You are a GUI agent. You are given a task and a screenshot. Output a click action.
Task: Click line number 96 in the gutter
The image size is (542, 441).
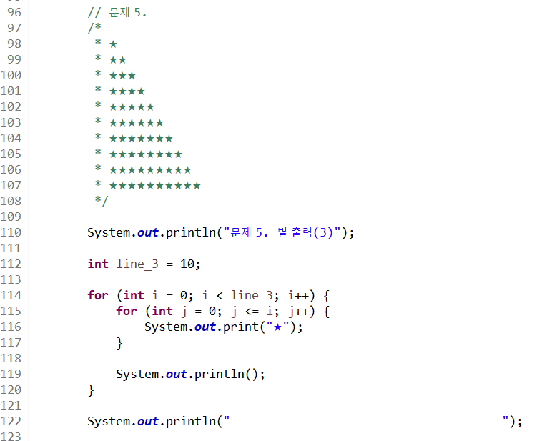[x=14, y=13]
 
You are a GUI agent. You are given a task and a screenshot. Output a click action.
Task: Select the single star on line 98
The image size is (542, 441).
[x=113, y=44]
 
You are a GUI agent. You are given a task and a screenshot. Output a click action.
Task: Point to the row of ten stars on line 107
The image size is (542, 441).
[x=154, y=186]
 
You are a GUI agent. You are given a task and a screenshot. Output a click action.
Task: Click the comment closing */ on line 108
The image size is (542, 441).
[x=102, y=201]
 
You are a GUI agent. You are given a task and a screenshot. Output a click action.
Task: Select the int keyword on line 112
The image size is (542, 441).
[x=98, y=264]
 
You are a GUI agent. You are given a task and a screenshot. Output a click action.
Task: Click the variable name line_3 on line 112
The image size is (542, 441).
[x=139, y=264]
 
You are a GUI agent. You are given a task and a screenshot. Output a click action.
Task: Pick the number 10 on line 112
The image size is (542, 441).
[x=187, y=264]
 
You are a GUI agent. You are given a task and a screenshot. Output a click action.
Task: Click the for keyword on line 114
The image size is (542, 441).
[x=98, y=295]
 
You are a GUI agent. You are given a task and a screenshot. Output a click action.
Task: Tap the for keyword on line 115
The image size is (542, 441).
[x=127, y=311]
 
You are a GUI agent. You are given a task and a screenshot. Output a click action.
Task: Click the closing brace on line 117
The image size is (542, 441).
[x=119, y=343]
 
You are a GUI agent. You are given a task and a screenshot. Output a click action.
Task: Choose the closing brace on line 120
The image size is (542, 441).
[x=91, y=390]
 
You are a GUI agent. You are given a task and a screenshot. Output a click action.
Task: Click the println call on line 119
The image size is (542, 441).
[x=217, y=374]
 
